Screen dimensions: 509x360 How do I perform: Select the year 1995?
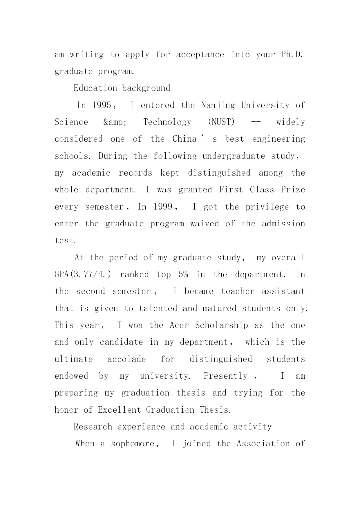[102, 105]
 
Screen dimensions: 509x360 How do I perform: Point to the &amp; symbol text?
[115, 122]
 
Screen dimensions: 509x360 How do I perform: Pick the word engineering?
[278, 139]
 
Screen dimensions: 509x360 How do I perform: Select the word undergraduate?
[234, 156]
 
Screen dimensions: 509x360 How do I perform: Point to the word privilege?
[267, 207]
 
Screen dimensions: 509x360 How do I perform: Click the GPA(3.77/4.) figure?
[83, 275]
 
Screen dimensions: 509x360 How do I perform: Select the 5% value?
[183, 275]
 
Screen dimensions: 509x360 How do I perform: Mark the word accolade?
[126, 359]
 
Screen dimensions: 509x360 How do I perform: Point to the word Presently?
[225, 376]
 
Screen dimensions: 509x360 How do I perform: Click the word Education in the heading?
[95, 88]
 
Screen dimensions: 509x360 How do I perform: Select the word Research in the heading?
[93, 427]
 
